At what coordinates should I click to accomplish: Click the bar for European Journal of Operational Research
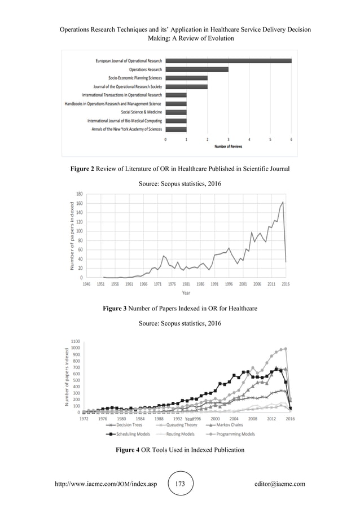pyautogui.click(x=228, y=61)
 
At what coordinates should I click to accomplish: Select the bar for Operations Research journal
pyautogui.click(x=196, y=69)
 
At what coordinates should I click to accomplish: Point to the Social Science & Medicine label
pyautogui.click(x=141, y=112)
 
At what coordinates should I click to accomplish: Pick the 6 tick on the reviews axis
pyautogui.click(x=291, y=139)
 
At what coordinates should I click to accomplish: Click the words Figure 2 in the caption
pyautogui.click(x=85, y=168)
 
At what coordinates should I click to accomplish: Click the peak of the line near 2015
pyautogui.click(x=283, y=202)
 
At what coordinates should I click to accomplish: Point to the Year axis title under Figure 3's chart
pyautogui.click(x=186, y=293)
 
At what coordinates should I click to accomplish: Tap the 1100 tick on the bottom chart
pyautogui.click(x=75, y=341)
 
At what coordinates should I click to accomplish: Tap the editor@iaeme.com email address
pyautogui.click(x=280, y=484)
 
